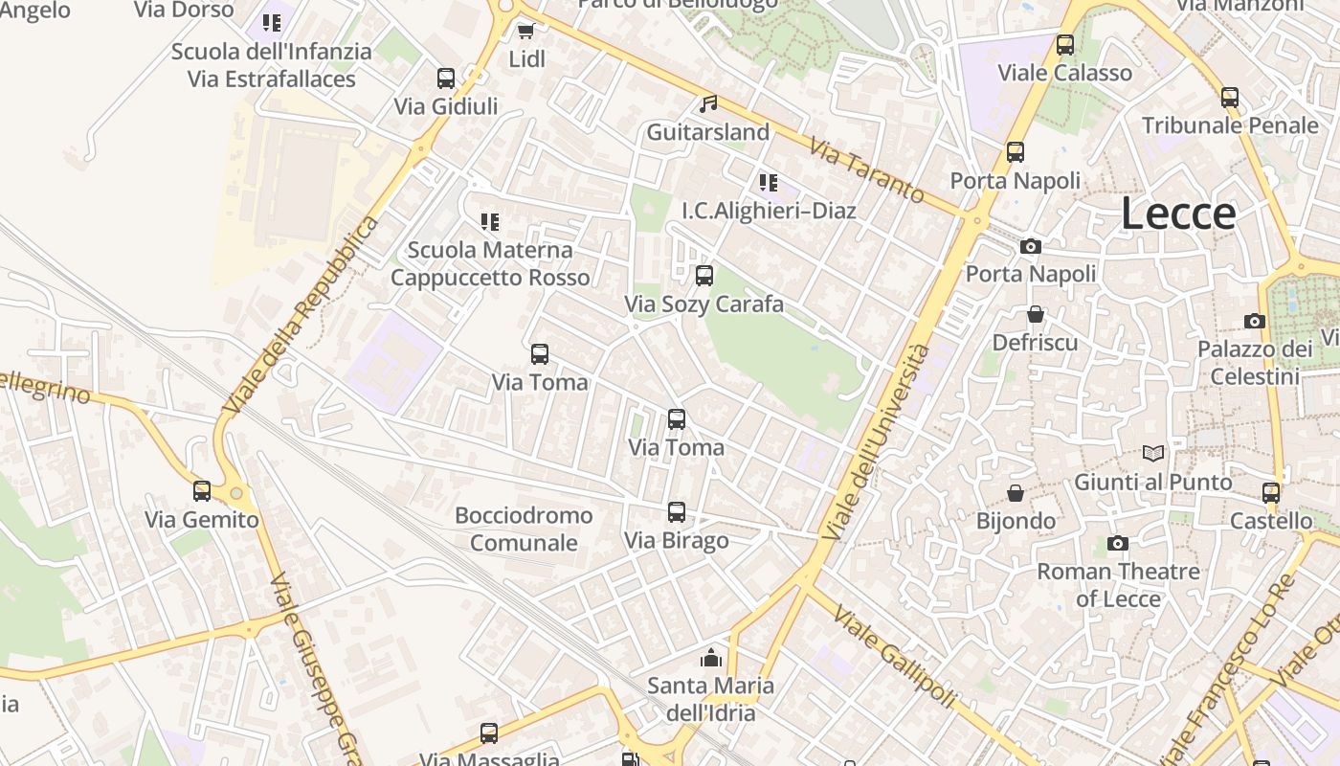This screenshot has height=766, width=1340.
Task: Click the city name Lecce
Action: [1178, 213]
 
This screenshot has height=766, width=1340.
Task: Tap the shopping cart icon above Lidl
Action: [525, 31]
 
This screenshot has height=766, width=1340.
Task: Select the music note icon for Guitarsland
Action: [708, 103]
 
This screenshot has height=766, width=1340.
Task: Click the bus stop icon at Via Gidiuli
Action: [446, 79]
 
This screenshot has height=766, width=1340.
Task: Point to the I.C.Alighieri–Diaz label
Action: [769, 210]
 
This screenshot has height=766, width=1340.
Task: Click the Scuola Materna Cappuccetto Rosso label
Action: [490, 263]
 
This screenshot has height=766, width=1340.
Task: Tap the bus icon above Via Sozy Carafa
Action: [704, 276]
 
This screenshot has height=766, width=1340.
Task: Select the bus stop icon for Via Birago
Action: [677, 512]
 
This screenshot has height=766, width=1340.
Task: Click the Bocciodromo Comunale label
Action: [524, 529]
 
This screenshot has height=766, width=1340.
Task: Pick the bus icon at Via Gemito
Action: [202, 491]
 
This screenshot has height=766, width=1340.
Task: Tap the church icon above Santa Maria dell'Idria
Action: [710, 658]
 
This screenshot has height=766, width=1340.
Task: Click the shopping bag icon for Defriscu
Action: [1035, 314]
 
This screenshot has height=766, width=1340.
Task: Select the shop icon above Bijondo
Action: [1016, 493]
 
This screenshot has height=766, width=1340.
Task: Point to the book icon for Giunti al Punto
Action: [1153, 453]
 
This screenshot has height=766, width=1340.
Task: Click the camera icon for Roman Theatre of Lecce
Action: [1117, 544]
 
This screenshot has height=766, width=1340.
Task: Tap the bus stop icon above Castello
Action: [1271, 493]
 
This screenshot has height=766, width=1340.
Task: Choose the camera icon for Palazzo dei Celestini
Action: [1255, 321]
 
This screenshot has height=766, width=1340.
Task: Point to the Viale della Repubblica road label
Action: [301, 316]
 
